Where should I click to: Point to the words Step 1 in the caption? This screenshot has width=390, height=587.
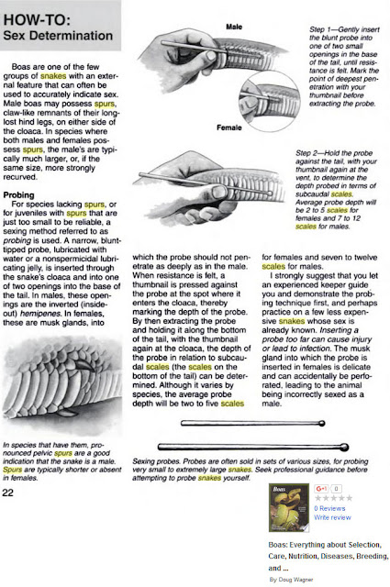coord(316,30)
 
